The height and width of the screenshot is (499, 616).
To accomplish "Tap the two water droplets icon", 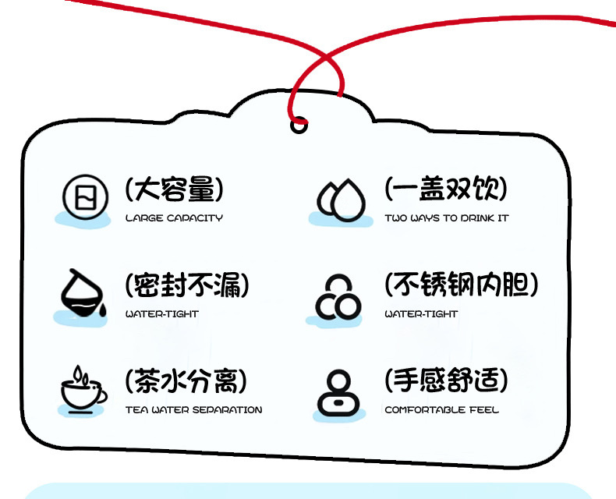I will [340, 199].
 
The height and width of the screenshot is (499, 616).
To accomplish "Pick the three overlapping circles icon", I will [338, 297].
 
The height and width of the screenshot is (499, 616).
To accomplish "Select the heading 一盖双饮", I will [445, 189].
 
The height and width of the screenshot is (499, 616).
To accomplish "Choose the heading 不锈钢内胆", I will [461, 285].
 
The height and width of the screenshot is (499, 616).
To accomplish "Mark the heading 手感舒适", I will [445, 381].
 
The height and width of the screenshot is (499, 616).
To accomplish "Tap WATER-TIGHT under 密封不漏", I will [162, 314].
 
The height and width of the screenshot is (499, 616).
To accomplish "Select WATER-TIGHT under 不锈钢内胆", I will [421, 314].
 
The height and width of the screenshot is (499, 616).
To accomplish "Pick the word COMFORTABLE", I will [425, 410].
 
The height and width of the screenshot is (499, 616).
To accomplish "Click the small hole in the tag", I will [299, 124].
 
